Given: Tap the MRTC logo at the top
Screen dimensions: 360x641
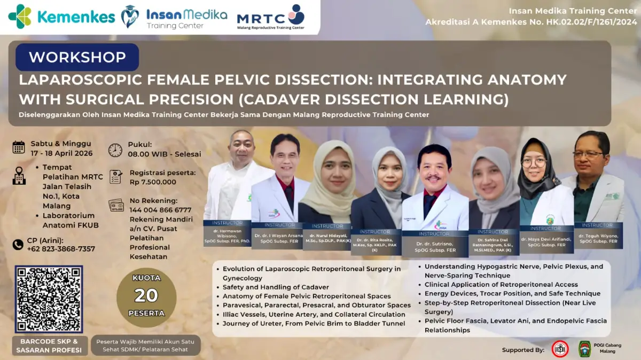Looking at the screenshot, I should [271, 17].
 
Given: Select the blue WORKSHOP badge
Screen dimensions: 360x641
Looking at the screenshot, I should [77, 57].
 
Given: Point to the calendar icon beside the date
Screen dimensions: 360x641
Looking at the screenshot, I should [19, 147].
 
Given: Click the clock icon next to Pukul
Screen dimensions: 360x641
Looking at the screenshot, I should [115, 150].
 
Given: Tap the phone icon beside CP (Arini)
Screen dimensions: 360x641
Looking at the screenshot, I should [18, 244].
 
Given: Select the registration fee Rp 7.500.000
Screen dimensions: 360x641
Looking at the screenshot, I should [153, 182].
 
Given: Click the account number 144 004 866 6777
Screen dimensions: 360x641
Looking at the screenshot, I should [160, 210].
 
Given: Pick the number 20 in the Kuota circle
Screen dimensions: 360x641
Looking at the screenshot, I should [146, 295].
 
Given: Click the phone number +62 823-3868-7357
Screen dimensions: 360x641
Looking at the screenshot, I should [61, 249].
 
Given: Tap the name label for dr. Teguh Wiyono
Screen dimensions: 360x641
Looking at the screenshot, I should [598, 239].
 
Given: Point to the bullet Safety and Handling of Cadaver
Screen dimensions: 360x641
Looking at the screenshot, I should [276, 287].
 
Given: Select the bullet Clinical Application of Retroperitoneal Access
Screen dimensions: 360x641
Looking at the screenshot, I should [501, 285].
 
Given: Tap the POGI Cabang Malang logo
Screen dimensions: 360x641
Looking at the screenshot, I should [585, 349].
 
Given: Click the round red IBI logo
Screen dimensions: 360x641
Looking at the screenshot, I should [560, 349].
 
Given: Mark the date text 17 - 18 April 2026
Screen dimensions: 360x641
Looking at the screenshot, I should [61, 153].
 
